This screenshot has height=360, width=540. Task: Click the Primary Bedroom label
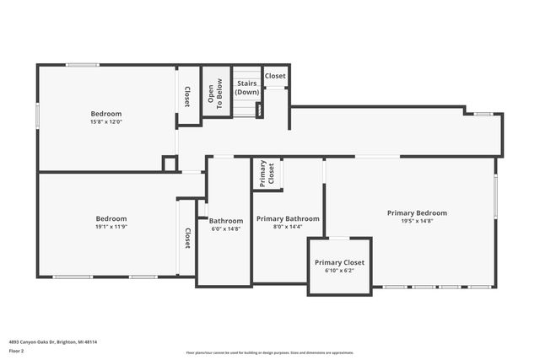tap(417, 212)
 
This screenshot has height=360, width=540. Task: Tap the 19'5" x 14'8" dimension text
tap(417, 221)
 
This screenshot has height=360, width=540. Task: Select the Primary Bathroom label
tap(288, 218)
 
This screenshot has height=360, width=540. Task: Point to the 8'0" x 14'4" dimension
tap(288, 227)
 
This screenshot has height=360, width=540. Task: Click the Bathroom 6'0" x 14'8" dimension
tap(226, 228)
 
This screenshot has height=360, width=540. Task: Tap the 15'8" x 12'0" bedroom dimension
tap(106, 121)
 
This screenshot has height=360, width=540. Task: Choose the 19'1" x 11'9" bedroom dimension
tap(111, 227)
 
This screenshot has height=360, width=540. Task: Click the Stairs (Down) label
tap(246, 88)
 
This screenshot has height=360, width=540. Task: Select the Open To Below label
tap(216, 95)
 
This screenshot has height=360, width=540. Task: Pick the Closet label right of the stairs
tap(275, 76)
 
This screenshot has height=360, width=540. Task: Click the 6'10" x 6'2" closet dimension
tap(340, 271)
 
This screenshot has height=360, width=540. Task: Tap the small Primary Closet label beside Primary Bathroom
tap(267, 173)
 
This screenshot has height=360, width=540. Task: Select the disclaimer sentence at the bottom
tap(269, 352)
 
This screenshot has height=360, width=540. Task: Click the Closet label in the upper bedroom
tap(186, 96)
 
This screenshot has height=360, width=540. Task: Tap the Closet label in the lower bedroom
tap(186, 239)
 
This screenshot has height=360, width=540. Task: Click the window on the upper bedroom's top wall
tap(83, 65)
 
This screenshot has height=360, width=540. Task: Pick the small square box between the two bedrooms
tap(170, 164)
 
